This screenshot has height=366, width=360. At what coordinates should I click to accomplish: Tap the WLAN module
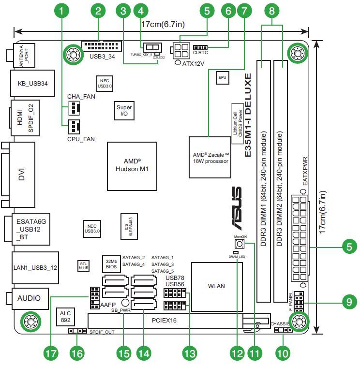click(216, 286)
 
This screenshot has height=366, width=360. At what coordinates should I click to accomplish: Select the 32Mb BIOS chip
click(111, 264)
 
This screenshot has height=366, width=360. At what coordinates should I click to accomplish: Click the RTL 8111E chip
click(83, 265)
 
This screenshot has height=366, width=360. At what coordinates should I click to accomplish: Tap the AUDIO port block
click(30, 298)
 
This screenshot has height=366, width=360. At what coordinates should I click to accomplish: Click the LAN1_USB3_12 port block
click(33, 267)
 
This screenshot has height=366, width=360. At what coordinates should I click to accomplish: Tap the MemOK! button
click(240, 243)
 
